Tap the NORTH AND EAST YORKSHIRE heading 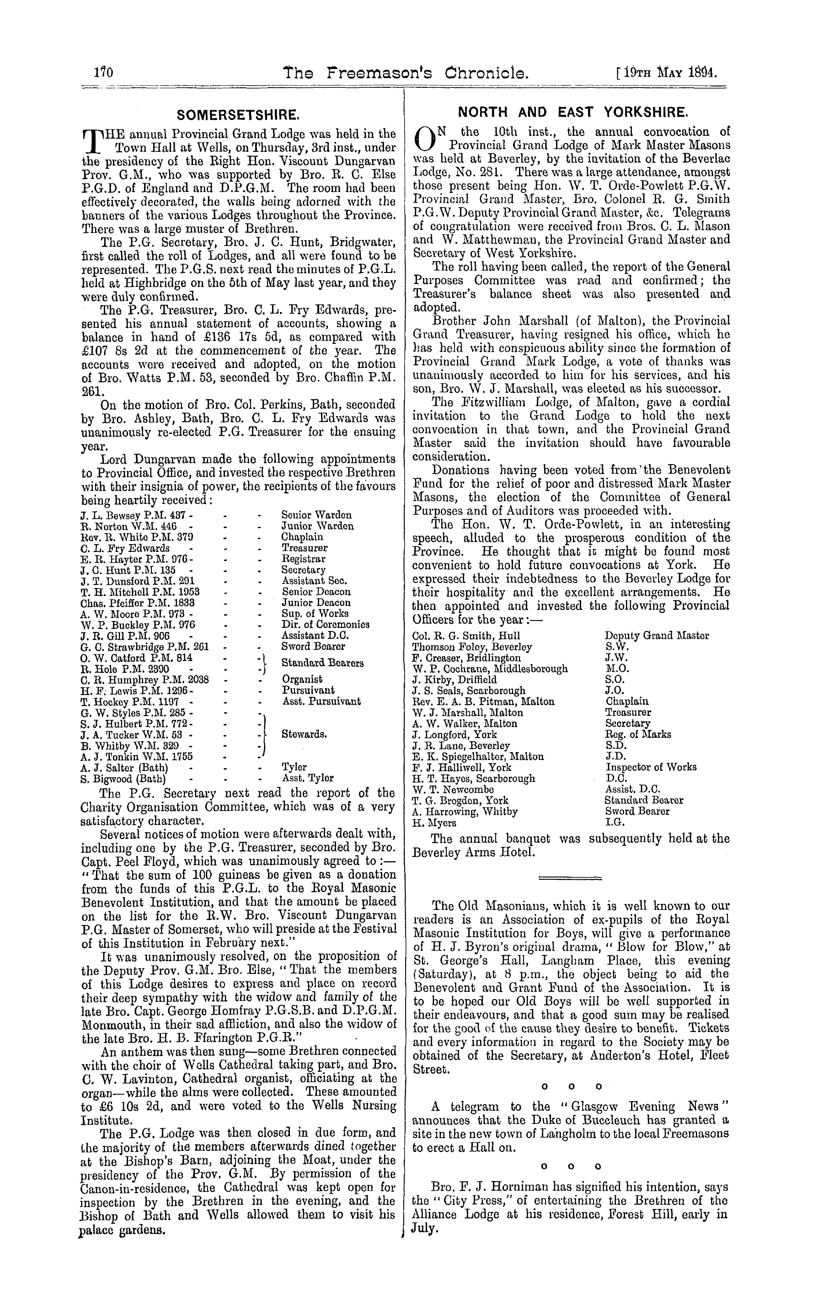(x=572, y=112)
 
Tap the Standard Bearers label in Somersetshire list (x=323, y=663)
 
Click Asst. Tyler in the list (x=308, y=778)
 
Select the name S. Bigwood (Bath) (x=123, y=778)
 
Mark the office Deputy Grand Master (x=657, y=636)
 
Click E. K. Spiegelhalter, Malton (x=478, y=757)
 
